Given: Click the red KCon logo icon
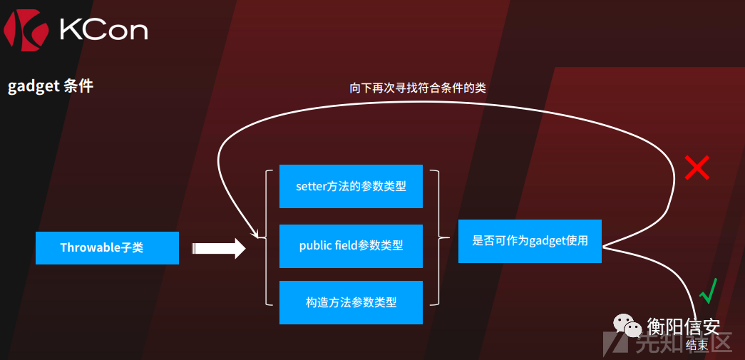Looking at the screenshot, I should [x=26, y=30].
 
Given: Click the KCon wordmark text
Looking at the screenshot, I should [x=103, y=30].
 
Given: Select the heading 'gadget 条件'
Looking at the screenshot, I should [x=51, y=86].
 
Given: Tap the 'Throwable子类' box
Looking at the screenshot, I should [x=107, y=248].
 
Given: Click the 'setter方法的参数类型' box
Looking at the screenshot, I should [x=351, y=187].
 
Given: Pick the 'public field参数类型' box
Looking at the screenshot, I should [x=351, y=246].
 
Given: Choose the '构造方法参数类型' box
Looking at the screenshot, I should [x=351, y=302].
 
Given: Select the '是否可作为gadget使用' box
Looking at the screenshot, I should [x=530, y=241].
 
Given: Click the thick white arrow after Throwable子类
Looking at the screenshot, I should [x=218, y=248].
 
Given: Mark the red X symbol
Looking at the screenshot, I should [x=697, y=168].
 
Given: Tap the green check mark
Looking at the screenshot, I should [x=707, y=291].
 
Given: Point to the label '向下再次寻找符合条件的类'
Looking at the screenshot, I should [x=418, y=88].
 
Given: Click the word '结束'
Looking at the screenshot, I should [x=697, y=346].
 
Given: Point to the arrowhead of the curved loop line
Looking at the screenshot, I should [x=255, y=235].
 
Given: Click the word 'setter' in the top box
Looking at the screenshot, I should [x=311, y=187].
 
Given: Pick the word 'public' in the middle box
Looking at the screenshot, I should [x=315, y=246].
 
